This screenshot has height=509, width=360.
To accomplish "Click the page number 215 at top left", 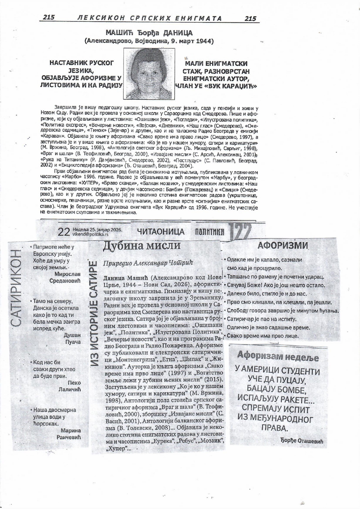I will (49, 17).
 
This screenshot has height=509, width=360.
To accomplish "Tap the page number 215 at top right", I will (251, 18).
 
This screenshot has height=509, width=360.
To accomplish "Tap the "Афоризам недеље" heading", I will (278, 356).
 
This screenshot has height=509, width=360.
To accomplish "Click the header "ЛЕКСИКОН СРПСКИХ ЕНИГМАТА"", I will (149, 18).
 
